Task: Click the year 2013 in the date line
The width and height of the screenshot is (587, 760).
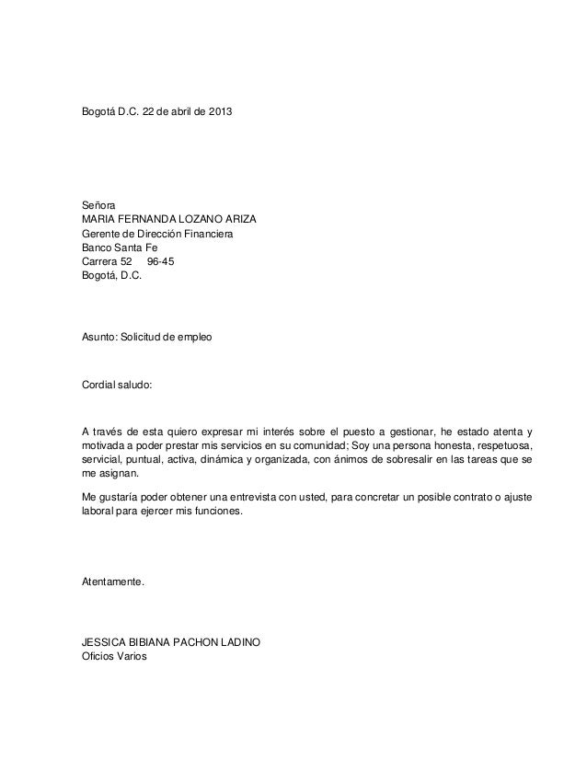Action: coord(219,113)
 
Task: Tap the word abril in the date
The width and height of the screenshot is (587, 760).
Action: coord(175,113)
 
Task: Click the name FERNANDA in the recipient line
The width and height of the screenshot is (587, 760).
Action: coord(152,221)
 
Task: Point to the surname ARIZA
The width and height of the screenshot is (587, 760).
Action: coord(237,221)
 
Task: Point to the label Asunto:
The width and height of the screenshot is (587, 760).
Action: coord(99,339)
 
